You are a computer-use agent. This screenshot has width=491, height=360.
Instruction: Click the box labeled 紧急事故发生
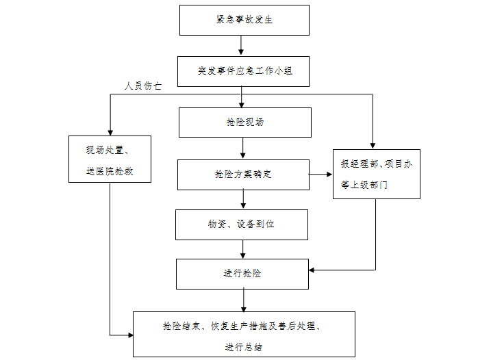pyautogui.click(x=244, y=20)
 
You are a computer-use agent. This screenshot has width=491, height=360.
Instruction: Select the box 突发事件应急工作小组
pyautogui.click(x=244, y=70)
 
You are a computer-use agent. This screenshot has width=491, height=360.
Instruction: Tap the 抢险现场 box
pyautogui.click(x=244, y=123)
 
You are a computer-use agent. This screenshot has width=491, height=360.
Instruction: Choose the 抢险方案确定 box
pyautogui.click(x=243, y=175)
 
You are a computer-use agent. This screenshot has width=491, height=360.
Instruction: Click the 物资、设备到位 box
pyautogui.click(x=241, y=224)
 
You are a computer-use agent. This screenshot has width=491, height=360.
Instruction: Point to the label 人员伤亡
pyautogui.click(x=143, y=86)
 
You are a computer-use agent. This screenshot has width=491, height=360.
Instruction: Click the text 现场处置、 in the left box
pyautogui.click(x=110, y=150)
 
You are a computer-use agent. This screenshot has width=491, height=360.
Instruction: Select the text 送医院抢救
pyautogui.click(x=110, y=171)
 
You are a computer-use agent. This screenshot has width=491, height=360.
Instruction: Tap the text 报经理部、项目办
pyautogui.click(x=377, y=164)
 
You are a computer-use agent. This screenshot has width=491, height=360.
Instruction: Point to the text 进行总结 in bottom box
pyautogui.click(x=243, y=347)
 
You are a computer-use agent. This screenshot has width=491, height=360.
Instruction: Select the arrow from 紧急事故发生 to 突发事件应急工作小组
pyautogui.click(x=242, y=45)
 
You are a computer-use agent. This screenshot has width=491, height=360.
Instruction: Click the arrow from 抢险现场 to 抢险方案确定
pyautogui.click(x=243, y=149)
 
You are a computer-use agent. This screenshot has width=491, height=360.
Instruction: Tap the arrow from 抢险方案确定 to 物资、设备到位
pyautogui.click(x=243, y=199)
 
